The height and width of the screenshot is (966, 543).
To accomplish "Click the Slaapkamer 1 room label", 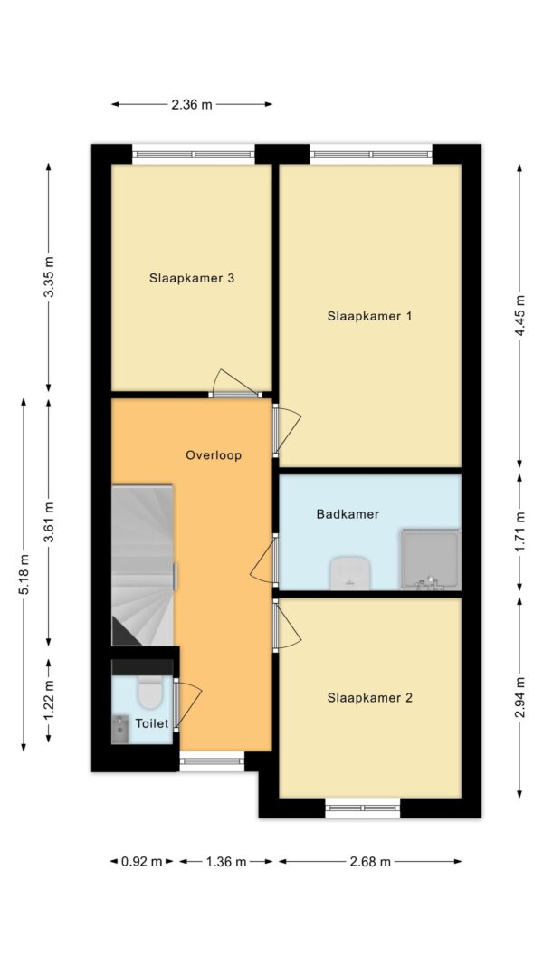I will [x=369, y=316].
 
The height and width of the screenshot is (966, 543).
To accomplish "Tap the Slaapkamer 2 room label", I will [x=369, y=698].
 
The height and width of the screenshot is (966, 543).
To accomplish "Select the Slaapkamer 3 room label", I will [x=192, y=278].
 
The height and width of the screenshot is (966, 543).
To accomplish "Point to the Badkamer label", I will [x=347, y=514].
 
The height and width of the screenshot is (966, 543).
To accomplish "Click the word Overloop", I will [x=214, y=455].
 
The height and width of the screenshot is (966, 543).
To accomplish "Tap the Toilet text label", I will [x=151, y=723].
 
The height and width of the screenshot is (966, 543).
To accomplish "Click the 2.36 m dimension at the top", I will [x=192, y=104].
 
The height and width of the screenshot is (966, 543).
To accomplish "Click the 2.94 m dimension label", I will [x=519, y=697].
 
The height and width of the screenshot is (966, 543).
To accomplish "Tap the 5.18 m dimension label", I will [x=24, y=574].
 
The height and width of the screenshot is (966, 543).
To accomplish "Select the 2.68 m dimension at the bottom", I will [x=369, y=862].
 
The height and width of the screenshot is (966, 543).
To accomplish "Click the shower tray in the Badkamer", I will [x=430, y=559].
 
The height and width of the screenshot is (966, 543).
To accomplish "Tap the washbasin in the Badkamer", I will [x=348, y=573].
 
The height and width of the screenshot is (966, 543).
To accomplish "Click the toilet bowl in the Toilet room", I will [x=149, y=693].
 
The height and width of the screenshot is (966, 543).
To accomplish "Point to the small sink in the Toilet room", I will [x=120, y=727].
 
